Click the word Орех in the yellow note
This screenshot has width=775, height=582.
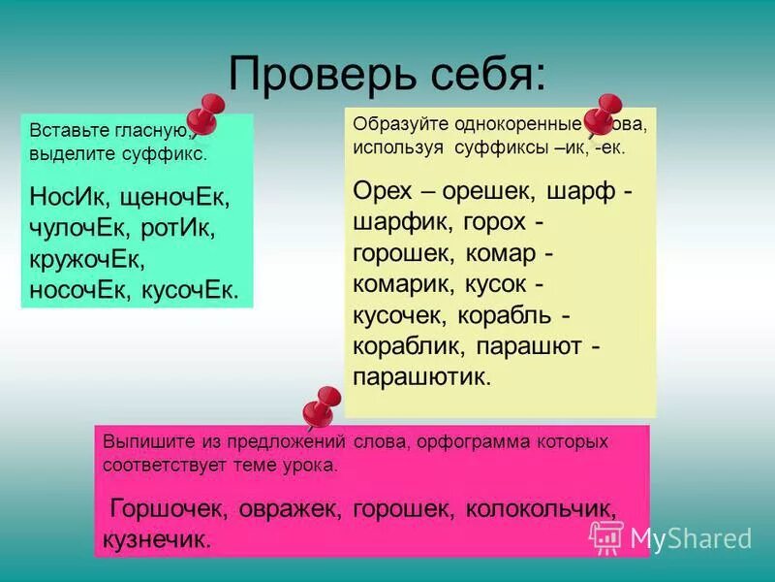pyautogui.click(x=386, y=190)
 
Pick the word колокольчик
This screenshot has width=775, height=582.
pyautogui.click(x=540, y=507)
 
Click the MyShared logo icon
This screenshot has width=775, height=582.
pyautogui.click(x=606, y=535)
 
